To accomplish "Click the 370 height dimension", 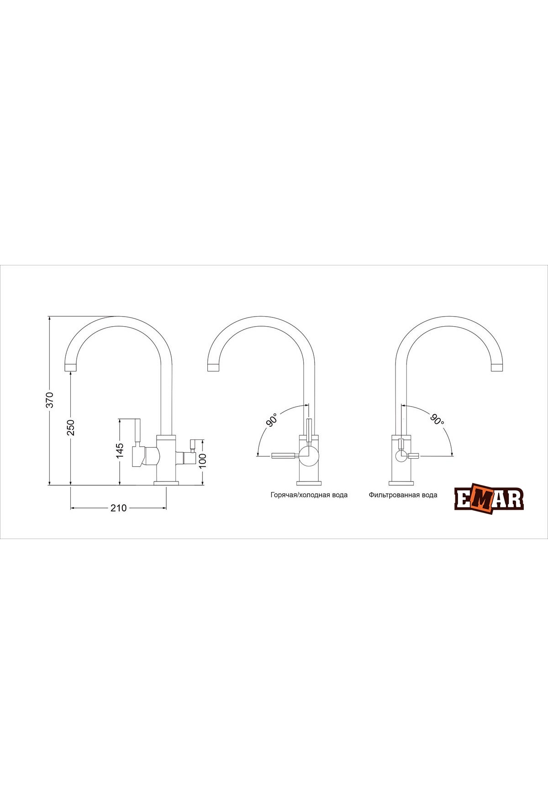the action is (x=51, y=400).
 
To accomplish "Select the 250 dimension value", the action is (x=71, y=427).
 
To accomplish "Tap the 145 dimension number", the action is (x=120, y=450).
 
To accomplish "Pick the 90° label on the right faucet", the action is (x=437, y=420).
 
